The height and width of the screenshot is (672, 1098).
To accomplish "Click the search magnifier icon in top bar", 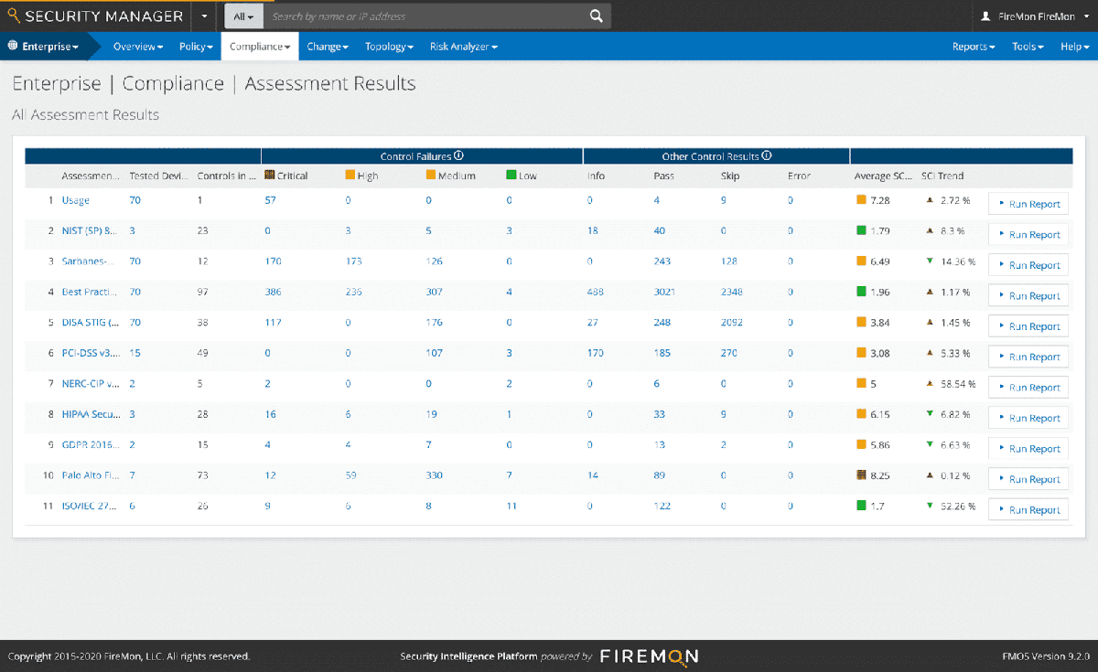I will pos(596,16).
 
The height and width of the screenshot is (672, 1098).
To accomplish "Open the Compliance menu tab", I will pos(260,47).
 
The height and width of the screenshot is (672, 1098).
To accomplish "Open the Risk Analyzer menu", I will pos(463,47).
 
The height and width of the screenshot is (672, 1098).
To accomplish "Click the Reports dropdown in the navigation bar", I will pos(974,47).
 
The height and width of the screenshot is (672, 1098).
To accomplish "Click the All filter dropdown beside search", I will pos(243,16).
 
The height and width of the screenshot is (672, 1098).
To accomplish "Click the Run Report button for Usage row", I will pos(1028,204).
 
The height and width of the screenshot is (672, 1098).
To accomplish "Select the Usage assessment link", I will pos(76,200).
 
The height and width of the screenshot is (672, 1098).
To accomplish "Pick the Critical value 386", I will pos(273,292).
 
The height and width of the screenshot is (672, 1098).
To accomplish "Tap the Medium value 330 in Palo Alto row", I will pos(435,475).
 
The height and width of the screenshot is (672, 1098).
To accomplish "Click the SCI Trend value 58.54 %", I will pos(957,384).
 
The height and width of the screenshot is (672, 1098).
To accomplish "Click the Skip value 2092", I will pos(732,323).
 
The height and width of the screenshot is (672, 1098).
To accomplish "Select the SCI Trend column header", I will pos(942,176).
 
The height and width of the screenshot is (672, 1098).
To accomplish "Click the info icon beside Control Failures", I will pos(458,156).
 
